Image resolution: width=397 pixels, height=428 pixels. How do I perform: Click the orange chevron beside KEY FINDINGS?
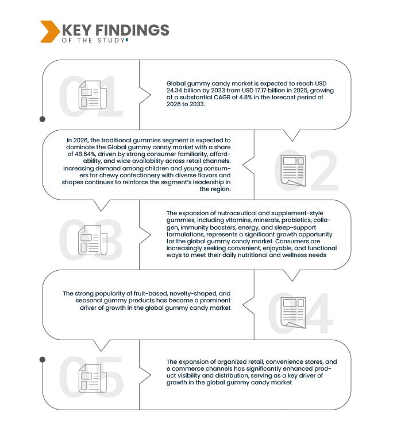click(x=50, y=32)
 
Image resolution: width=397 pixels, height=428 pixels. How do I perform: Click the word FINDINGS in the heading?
click(x=132, y=30)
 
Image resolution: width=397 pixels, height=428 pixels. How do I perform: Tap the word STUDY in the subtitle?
click(x=111, y=40)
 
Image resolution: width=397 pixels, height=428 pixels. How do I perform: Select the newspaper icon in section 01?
click(x=92, y=95)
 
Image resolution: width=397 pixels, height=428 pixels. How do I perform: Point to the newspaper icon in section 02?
click(x=294, y=171)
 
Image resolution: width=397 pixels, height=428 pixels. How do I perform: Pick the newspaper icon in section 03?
click(x=92, y=240)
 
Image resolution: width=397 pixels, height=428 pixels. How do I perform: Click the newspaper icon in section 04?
click(x=294, y=313)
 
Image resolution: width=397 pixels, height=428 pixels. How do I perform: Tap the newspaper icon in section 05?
click(x=92, y=378)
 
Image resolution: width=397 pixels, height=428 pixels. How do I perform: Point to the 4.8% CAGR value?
click(x=245, y=97)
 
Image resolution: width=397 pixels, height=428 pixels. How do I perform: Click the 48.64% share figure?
click(x=85, y=154)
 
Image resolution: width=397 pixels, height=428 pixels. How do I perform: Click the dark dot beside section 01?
click(x=43, y=119)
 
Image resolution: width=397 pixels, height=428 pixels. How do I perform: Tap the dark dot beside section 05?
click(x=43, y=360)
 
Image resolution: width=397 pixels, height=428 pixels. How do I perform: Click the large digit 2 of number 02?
click(x=324, y=170)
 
